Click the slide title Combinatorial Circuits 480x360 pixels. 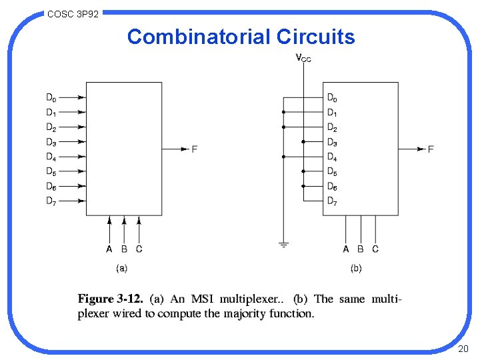(241, 37)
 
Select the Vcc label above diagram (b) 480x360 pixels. (303, 58)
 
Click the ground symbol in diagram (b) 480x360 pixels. (283, 245)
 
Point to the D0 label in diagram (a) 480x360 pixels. (51, 97)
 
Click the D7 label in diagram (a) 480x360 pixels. (51, 201)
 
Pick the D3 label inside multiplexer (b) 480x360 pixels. (332, 142)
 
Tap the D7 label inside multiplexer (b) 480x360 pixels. (332, 201)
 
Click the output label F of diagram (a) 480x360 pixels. (195, 149)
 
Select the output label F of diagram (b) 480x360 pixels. (431, 149)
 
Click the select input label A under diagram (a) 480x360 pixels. (109, 249)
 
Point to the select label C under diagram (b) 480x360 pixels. (375, 249)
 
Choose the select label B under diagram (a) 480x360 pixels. (124, 249)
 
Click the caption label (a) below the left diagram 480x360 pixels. (122, 268)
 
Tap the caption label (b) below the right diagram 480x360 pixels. (357, 268)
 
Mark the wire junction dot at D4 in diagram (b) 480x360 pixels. (283, 157)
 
